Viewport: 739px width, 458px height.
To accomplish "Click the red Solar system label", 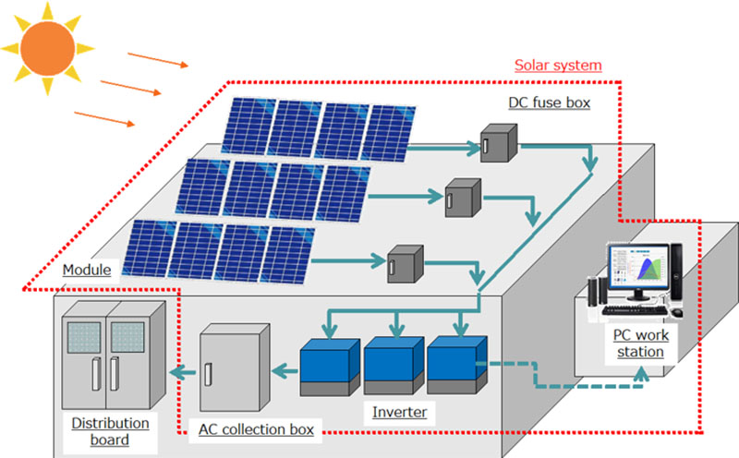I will tap(557, 66).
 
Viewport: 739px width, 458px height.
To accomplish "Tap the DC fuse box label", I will tap(549, 102).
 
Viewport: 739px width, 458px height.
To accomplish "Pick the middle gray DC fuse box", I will tap(462, 196).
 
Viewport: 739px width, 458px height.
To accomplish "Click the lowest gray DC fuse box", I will tap(406, 262).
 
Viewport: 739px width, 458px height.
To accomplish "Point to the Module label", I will tap(87, 271).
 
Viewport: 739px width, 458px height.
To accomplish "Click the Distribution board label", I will tap(110, 431).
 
